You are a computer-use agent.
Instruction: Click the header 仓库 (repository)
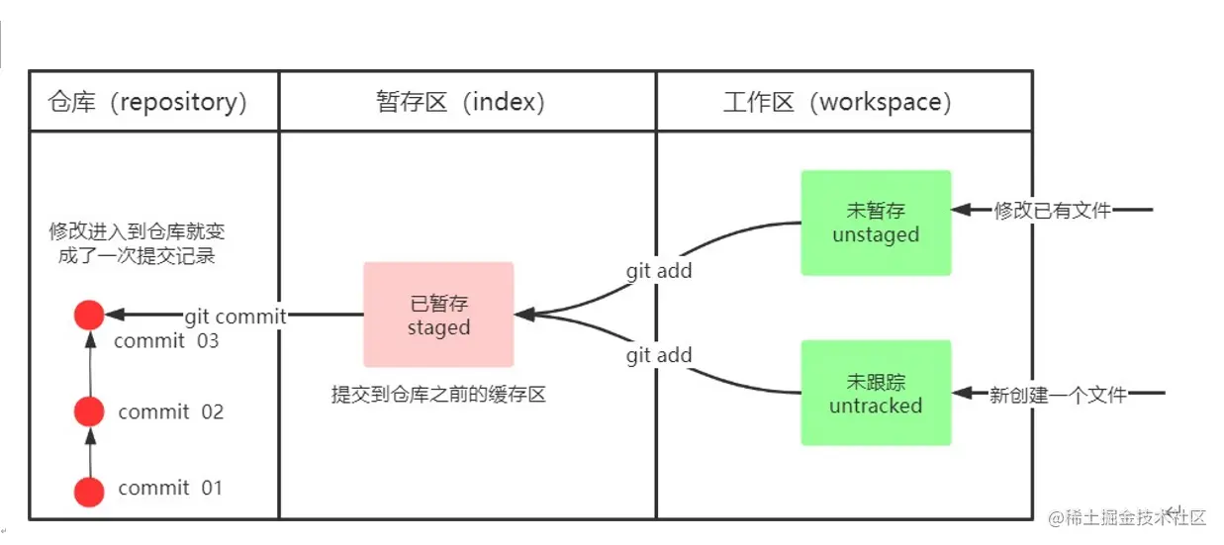tap(147, 102)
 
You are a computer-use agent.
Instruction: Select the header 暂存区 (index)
tap(460, 102)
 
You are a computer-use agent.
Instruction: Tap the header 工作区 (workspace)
tap(837, 102)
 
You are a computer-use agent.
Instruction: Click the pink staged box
tap(438, 316)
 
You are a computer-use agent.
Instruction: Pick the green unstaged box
tap(876, 223)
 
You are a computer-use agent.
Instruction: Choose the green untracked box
tap(876, 393)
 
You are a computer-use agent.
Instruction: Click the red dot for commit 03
tap(89, 316)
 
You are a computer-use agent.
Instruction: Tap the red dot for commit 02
tap(89, 411)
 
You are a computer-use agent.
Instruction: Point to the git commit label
tap(235, 317)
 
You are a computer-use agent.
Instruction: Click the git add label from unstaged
tap(659, 271)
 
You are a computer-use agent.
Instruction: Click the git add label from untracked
tap(659, 356)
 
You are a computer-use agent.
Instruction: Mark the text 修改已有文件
tap(1052, 210)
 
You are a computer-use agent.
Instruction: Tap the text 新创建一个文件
tap(1058, 395)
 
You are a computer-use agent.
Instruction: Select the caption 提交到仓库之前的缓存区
tap(438, 395)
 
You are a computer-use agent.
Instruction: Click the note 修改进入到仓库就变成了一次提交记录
tap(138, 242)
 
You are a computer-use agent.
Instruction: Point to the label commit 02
tap(171, 411)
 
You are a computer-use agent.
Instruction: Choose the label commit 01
tap(170, 488)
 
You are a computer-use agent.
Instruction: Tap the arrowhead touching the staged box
tap(524, 315)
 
